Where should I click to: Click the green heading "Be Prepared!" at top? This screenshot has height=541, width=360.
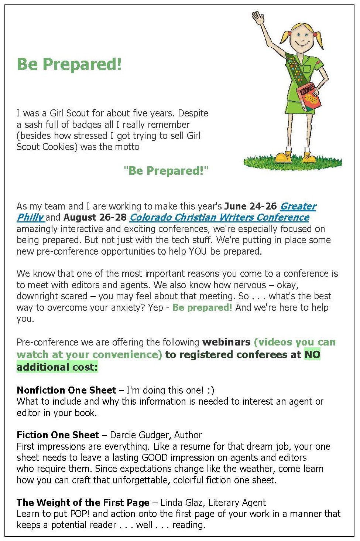pos(69,64)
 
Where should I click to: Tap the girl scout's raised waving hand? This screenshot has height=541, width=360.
pos(258,18)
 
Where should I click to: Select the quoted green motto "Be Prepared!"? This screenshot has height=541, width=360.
pos(166,171)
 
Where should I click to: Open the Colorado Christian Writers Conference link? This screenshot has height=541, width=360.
pos(219,217)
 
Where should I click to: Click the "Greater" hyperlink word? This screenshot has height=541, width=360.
pos(298,206)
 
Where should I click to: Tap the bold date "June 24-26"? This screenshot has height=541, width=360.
pos(250,206)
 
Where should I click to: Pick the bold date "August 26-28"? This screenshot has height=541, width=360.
pos(95,217)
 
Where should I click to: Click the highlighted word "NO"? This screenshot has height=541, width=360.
pos(312,355)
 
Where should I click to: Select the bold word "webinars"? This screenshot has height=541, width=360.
pos(226,342)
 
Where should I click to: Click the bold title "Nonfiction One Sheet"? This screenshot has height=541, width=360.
pos(66,390)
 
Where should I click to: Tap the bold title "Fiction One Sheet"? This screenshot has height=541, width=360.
pos(58,435)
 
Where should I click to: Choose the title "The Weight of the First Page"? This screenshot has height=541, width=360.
pos(83,503)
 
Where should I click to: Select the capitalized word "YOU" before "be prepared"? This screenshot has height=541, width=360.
pos(198,251)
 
